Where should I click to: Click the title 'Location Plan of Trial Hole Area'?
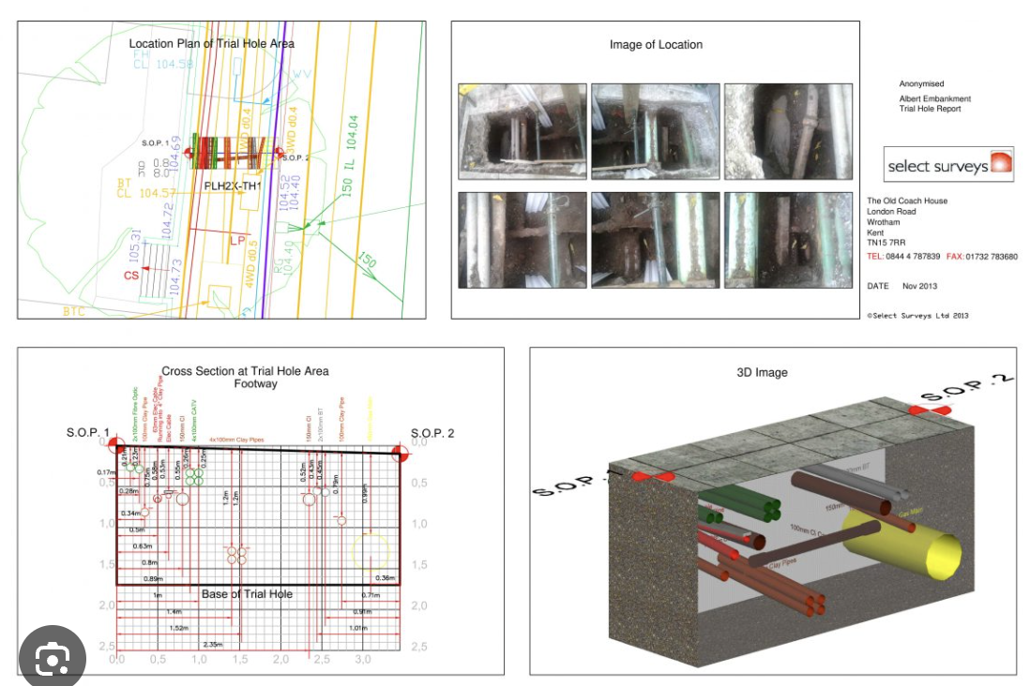click(x=211, y=44)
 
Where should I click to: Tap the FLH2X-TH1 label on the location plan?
click(x=233, y=186)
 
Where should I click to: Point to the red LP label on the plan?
click(x=237, y=241)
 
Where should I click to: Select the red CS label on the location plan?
click(x=131, y=275)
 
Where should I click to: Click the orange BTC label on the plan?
click(x=74, y=310)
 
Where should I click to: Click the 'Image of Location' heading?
click(x=656, y=45)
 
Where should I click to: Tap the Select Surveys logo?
click(x=949, y=165)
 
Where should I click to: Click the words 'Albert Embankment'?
click(x=934, y=98)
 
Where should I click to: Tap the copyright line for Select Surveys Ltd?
click(x=917, y=316)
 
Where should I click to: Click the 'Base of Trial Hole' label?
click(x=247, y=594)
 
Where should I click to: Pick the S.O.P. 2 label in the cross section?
click(x=432, y=433)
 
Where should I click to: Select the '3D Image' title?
click(x=762, y=372)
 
